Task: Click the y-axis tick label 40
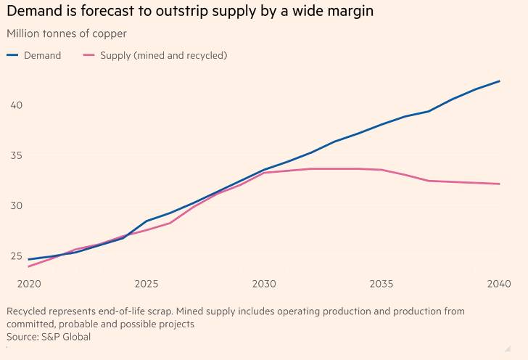tap(17, 105)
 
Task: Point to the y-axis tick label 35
tap(17, 155)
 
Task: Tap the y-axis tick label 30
tap(17, 205)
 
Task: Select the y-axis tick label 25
tap(17, 255)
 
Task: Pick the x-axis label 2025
tap(146, 283)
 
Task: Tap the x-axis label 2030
tap(263, 283)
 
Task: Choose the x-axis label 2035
tap(381, 283)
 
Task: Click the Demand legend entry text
tap(42, 55)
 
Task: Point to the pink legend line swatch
tap(89, 55)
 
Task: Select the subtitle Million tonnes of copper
tap(66, 33)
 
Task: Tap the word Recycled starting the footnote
tap(27, 311)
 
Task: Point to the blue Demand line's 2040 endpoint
tap(500, 81)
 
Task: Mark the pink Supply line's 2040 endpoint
tap(500, 184)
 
